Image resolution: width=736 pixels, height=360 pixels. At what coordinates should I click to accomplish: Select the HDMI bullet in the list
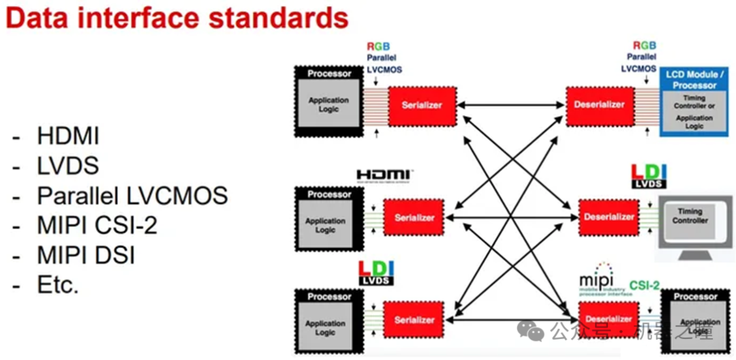pyautogui.click(x=68, y=137)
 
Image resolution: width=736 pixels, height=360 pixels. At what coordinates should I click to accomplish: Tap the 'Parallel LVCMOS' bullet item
pyautogui.click(x=132, y=196)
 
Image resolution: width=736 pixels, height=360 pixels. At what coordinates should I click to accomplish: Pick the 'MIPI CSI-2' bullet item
pyautogui.click(x=97, y=226)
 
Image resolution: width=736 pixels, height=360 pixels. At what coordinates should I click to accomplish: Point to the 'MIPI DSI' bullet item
pyautogui.click(x=86, y=255)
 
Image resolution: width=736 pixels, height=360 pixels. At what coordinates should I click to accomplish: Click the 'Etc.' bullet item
pyautogui.click(x=58, y=285)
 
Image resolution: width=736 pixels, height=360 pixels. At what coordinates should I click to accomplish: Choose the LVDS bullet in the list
pyautogui.click(x=68, y=166)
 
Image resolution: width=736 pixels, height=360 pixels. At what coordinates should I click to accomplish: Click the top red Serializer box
pyautogui.click(x=422, y=105)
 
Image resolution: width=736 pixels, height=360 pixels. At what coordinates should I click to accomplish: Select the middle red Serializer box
pyautogui.click(x=414, y=217)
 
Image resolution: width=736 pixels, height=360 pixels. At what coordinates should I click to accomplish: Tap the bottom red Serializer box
pyautogui.click(x=414, y=319)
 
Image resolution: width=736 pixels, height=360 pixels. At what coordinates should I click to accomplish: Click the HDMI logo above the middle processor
pyautogui.click(x=386, y=176)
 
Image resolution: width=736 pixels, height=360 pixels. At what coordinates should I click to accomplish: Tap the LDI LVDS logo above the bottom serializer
pyautogui.click(x=376, y=273)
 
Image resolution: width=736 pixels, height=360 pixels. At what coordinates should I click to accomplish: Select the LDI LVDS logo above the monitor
pyautogui.click(x=649, y=176)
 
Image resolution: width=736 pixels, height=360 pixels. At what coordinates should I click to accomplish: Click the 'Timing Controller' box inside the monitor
pyautogui.click(x=690, y=216)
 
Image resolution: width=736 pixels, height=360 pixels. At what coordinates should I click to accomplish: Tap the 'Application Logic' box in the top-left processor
pyautogui.click(x=328, y=105)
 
